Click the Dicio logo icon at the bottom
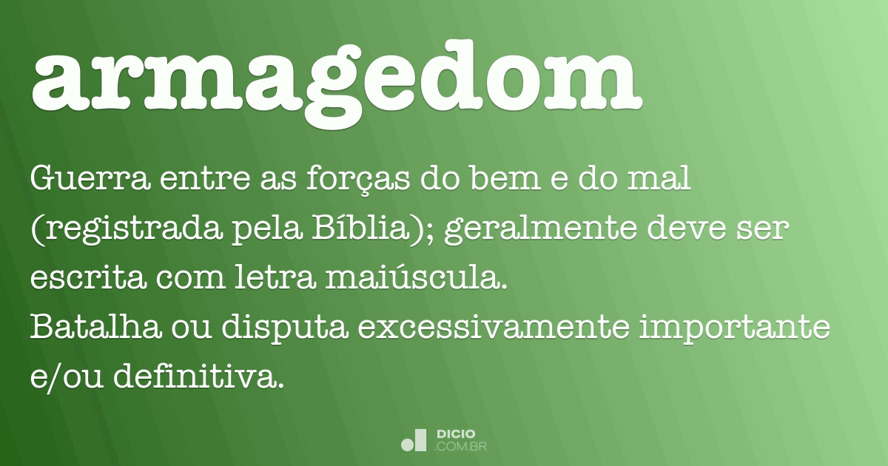(x=414, y=440)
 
